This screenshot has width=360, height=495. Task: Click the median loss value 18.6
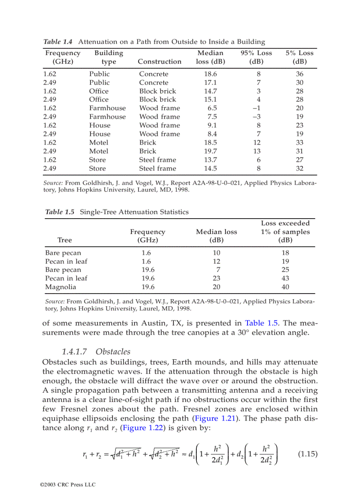click(x=210, y=74)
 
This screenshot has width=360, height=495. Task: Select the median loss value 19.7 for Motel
click(x=210, y=151)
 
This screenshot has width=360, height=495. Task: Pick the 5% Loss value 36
click(x=300, y=74)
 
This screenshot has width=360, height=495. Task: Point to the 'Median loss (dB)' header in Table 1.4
click(x=210, y=57)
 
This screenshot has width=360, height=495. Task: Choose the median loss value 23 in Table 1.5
click(x=216, y=279)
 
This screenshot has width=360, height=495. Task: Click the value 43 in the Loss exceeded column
click(x=285, y=279)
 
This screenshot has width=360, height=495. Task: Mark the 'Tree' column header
click(x=64, y=240)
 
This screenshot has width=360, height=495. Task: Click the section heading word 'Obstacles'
click(x=113, y=351)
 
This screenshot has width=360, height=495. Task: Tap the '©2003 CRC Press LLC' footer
click(x=67, y=484)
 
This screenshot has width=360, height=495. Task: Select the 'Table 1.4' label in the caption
click(x=58, y=42)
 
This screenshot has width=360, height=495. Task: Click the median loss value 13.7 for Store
click(x=210, y=160)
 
